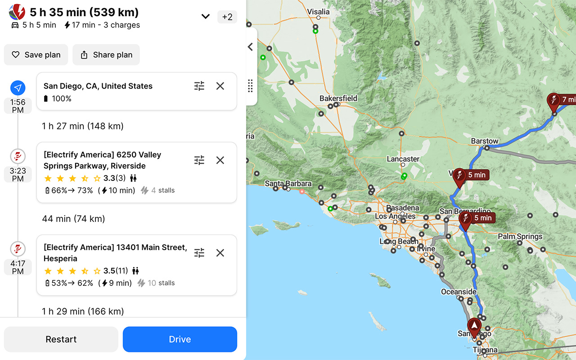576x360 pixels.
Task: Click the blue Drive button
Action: coord(180,339)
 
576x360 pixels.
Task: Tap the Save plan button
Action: coord(36,55)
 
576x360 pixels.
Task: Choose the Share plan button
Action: coord(106,55)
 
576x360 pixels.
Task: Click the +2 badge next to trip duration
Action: coord(227,17)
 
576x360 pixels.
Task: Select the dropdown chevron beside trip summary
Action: coord(205,17)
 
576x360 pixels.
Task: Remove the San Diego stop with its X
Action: coord(220,86)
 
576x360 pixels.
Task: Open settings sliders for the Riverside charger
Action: coord(199,160)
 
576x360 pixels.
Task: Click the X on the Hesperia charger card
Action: coord(220,253)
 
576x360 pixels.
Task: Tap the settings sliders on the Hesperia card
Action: coord(199,253)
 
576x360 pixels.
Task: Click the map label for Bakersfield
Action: coord(338,98)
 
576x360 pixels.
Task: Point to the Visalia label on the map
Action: coord(318,12)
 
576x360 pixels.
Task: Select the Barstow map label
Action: coord(485,141)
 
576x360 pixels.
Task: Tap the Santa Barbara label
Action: coord(288,183)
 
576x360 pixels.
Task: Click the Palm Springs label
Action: coord(520,236)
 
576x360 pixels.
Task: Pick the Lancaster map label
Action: coord(403,159)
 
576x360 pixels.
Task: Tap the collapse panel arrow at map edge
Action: coord(251,47)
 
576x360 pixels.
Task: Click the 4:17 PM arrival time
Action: coord(18,267)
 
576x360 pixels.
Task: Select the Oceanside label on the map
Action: coord(458,292)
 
